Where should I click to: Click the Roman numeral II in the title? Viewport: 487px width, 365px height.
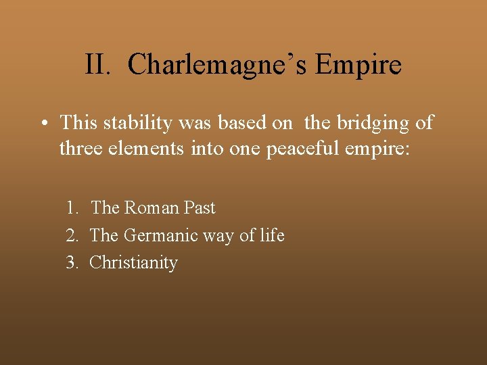(97, 65)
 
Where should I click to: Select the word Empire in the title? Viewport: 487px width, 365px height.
(358, 65)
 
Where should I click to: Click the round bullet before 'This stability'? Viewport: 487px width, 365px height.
(43, 123)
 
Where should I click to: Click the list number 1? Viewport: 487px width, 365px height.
(71, 208)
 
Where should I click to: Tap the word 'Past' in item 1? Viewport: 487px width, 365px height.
(199, 208)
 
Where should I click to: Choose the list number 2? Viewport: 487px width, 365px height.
(71, 235)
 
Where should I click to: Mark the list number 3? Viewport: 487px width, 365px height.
(71, 262)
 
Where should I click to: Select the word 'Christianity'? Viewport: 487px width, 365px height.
(133, 262)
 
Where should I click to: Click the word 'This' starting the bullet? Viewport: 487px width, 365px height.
(78, 122)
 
